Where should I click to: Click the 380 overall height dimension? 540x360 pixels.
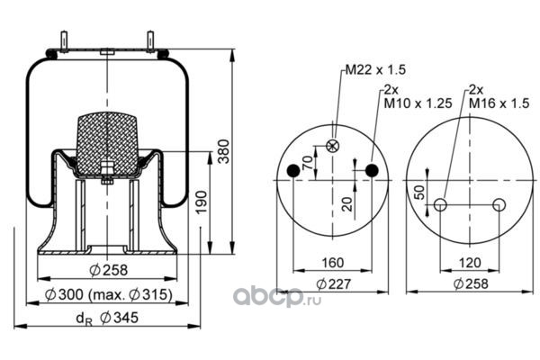(224, 151)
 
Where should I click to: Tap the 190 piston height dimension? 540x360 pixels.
(202, 202)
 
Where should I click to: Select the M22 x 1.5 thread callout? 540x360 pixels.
(375, 70)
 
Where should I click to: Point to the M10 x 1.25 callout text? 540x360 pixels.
(418, 103)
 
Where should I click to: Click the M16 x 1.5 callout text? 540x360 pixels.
(499, 103)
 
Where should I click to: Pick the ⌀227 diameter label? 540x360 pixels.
(333, 283)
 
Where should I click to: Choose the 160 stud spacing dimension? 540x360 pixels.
(333, 263)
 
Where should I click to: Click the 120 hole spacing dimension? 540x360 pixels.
(470, 263)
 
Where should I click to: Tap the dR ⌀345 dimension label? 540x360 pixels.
(107, 318)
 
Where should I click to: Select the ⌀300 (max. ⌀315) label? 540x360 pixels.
(109, 294)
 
